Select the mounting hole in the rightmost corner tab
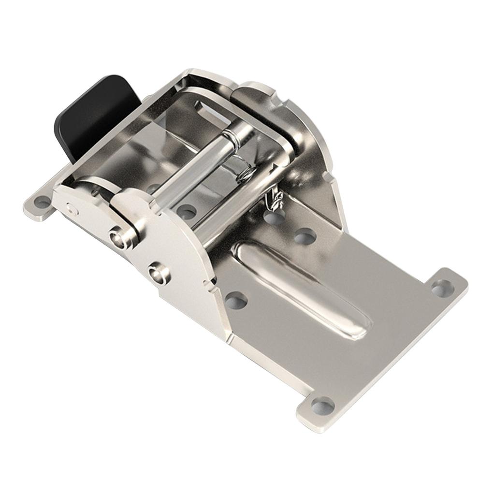pyautogui.click(x=442, y=288)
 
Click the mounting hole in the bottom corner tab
pyautogui.click(x=323, y=406)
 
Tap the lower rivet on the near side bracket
pyautogui.click(x=158, y=274)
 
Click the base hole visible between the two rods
pyautogui.click(x=187, y=212)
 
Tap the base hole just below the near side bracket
pyautogui.click(x=236, y=301)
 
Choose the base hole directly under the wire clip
pyautogui.click(x=274, y=218)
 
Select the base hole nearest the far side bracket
pyautogui.click(x=305, y=236)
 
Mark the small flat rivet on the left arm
pyautogui.click(x=72, y=208)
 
